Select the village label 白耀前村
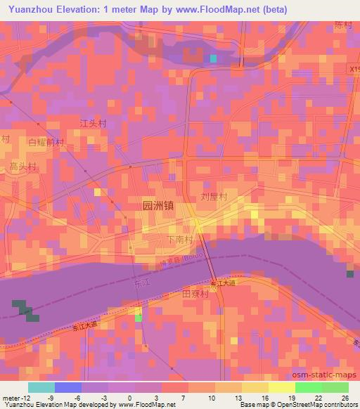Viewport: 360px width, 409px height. pos(46,142)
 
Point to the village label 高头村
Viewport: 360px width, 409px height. pos(22,167)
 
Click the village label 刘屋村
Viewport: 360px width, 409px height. pos(214,198)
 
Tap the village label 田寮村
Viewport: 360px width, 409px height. pos(196,294)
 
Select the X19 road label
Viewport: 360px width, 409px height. pos(354,70)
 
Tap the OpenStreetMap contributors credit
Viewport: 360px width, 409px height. pos(319,405)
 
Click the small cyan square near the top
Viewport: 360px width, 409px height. pos(213,58)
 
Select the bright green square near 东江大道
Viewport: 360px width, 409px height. pos(139,318)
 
